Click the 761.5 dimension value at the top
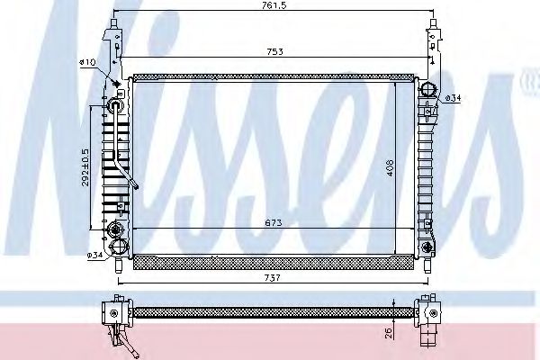point(274,5)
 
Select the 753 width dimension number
point(275,51)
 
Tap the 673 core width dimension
point(274,222)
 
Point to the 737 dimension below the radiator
point(273,277)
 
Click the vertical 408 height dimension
point(390,168)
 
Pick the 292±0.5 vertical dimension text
point(85,167)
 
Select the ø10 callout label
point(87,62)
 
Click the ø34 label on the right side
point(453,98)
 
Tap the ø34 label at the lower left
point(94,256)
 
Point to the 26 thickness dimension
point(389,332)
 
